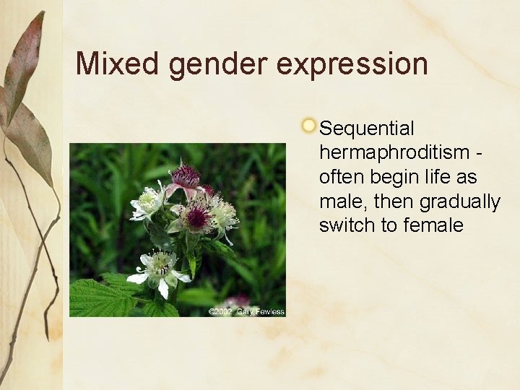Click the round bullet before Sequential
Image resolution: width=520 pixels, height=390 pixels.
click(x=308, y=126)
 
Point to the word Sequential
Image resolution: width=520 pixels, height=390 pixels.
click(x=367, y=129)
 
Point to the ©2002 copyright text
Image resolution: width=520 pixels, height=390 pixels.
click(x=220, y=311)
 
